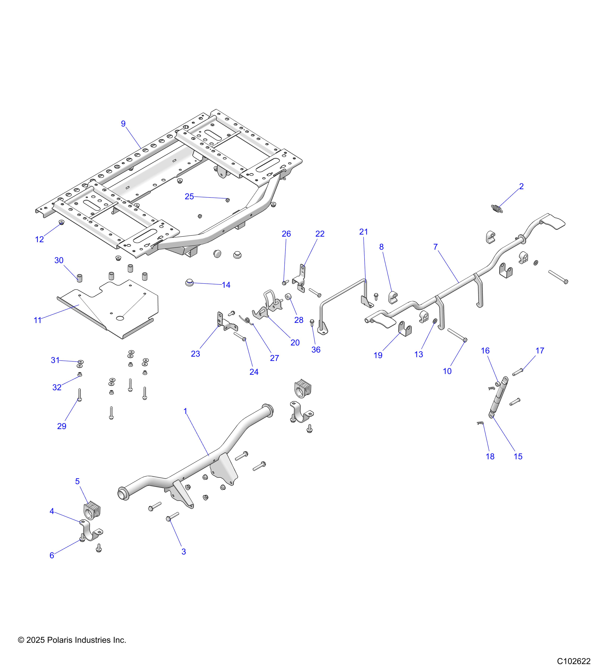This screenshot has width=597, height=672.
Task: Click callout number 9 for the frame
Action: tap(123, 124)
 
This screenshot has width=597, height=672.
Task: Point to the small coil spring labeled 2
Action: tap(497, 209)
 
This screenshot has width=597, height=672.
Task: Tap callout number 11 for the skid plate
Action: tap(37, 320)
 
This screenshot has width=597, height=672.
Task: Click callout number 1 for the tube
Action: tap(185, 411)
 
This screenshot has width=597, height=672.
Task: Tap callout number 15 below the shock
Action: tap(518, 456)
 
